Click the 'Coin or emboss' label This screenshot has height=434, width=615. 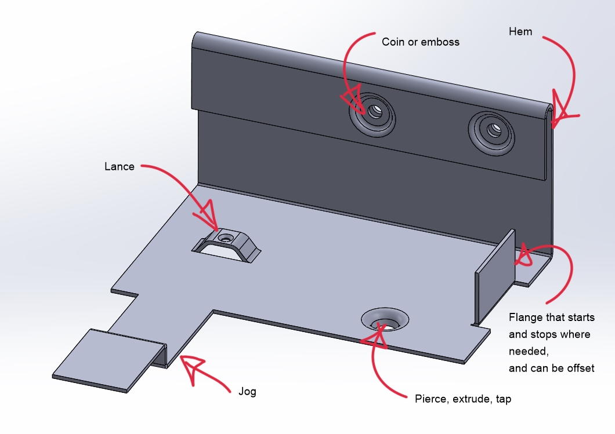(420, 42)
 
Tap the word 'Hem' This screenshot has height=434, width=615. (520, 31)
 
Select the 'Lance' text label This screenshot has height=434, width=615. (119, 167)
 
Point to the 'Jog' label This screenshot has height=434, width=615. (247, 391)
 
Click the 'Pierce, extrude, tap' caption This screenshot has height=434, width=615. (463, 399)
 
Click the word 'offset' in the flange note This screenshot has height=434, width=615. (580, 368)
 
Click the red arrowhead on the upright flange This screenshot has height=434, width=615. (524, 256)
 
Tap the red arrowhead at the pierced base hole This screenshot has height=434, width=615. (376, 334)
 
